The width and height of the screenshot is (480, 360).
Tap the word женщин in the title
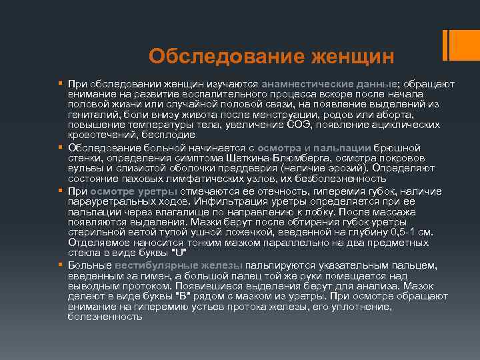click(x=352, y=55)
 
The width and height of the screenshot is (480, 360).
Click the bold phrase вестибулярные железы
click(x=179, y=265)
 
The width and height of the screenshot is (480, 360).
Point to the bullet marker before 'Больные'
click(x=60, y=265)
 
